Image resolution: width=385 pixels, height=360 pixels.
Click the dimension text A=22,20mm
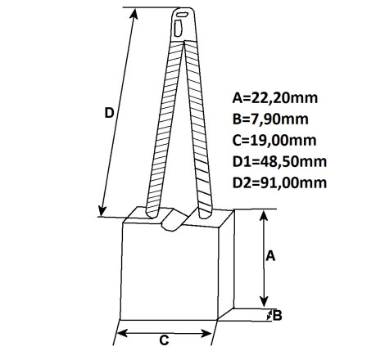click(x=275, y=98)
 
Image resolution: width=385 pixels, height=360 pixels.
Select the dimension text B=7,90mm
click(x=270, y=119)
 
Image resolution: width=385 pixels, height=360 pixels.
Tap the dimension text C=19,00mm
click(x=274, y=140)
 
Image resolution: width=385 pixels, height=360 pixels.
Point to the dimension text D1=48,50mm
click(x=279, y=161)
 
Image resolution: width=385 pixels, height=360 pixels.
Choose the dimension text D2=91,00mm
click(x=279, y=182)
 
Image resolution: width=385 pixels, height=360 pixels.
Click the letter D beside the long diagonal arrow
click(x=109, y=113)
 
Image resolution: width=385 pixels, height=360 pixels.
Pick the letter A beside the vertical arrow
click(x=270, y=256)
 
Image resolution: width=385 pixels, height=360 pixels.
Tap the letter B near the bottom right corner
click(x=277, y=316)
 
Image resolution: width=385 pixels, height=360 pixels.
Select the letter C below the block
click(x=164, y=340)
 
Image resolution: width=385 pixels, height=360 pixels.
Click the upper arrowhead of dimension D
click(x=134, y=14)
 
